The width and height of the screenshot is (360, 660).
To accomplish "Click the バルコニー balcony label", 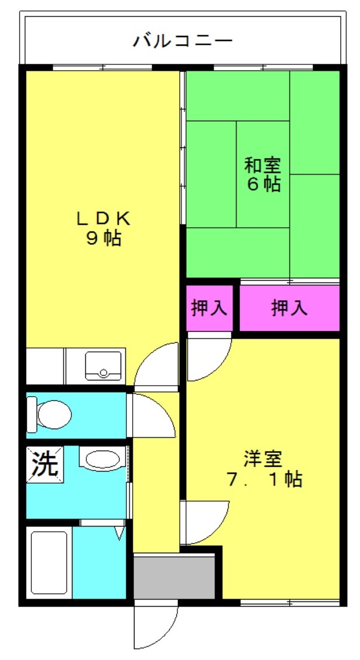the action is pos(183,41).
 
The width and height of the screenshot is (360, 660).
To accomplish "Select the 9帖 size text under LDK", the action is pos(104,239).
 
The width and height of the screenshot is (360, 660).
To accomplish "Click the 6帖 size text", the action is pos(263,184).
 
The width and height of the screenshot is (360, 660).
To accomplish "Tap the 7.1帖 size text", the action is pos(264,480).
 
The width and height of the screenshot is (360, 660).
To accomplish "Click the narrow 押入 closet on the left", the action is pos(209,308).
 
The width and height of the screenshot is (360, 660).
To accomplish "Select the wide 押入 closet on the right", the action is pos(289,308).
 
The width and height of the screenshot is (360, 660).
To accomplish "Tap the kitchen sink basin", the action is pos(103,365).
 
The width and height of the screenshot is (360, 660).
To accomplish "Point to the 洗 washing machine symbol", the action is pos(45,465).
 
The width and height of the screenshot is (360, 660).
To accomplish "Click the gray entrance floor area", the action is pos(174,576).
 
